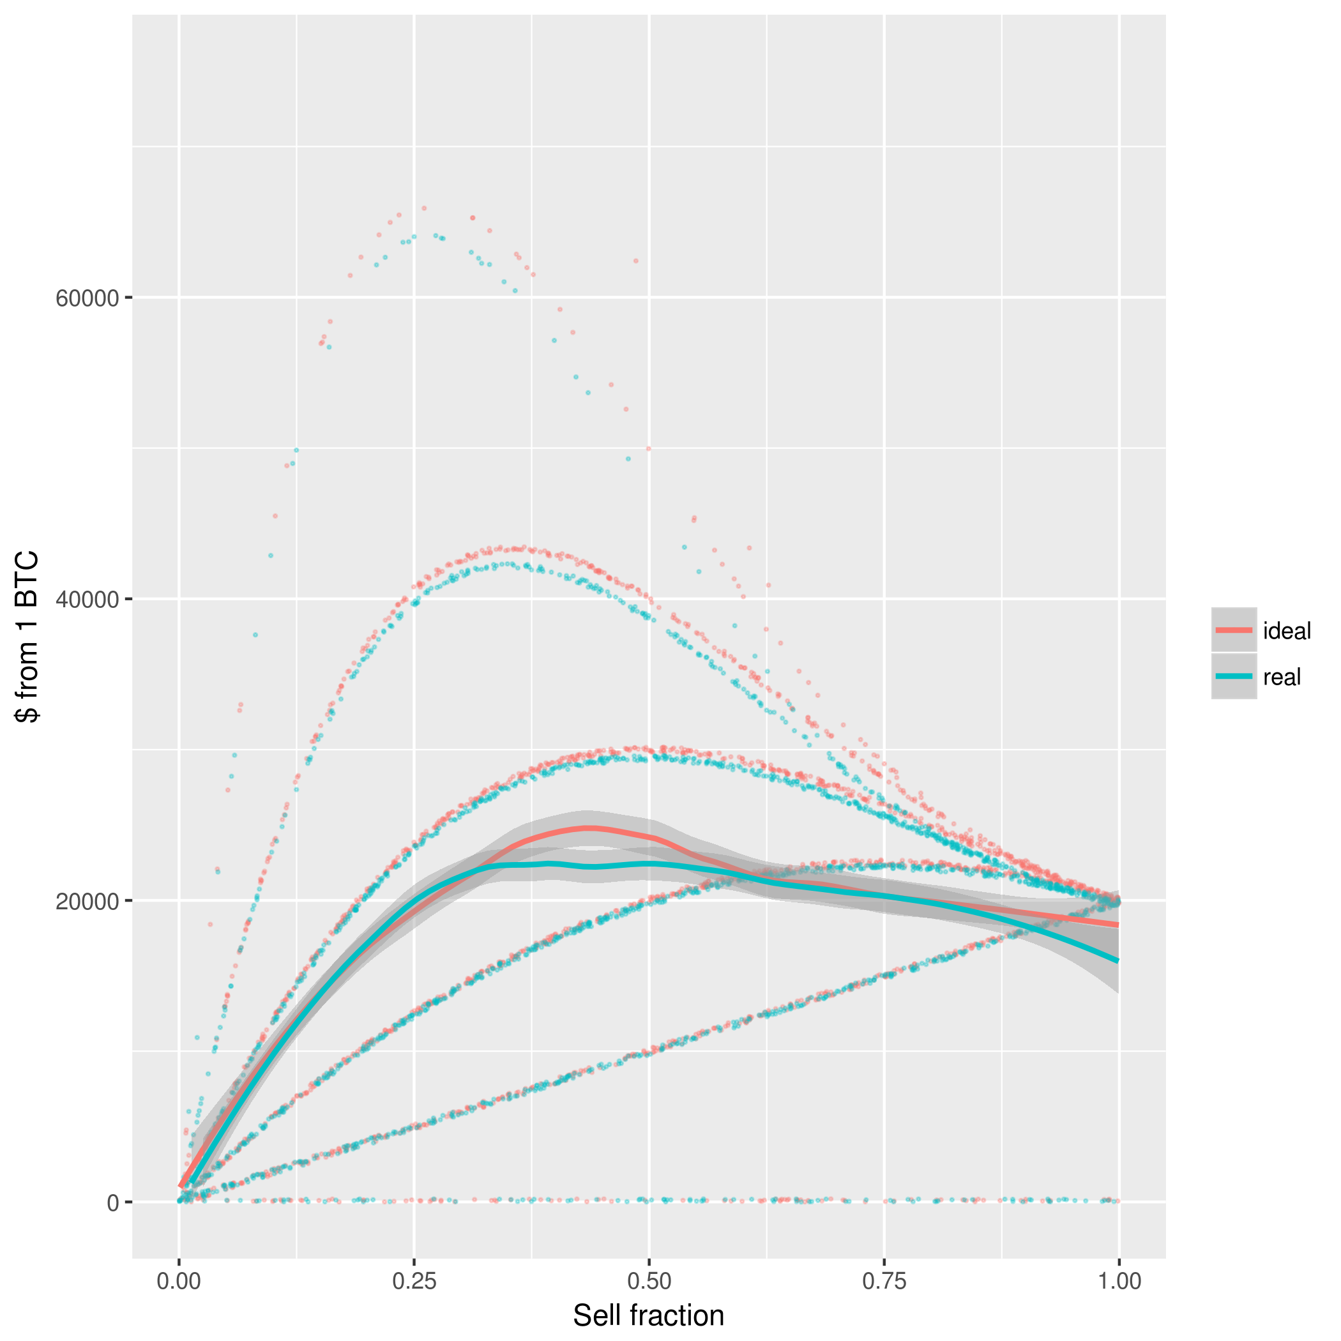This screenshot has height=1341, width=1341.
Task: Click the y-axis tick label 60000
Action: (x=87, y=298)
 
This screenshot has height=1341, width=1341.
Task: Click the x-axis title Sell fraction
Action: (x=648, y=1316)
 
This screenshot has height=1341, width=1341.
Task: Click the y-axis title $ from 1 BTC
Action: (x=27, y=637)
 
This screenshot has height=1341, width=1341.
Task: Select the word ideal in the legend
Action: (x=1287, y=631)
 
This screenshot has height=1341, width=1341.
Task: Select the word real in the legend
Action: (x=1282, y=677)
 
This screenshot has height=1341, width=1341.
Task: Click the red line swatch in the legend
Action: (x=1234, y=630)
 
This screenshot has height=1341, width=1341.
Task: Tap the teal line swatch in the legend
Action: (x=1234, y=676)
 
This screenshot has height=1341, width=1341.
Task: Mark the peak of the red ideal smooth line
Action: (x=589, y=828)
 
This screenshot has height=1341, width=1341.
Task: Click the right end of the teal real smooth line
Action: (x=1117, y=960)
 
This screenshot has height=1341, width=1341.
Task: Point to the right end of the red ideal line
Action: (x=1117, y=925)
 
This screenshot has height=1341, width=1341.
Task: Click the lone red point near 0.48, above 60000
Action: (x=635, y=261)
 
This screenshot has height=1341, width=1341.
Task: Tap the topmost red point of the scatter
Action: (x=424, y=208)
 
